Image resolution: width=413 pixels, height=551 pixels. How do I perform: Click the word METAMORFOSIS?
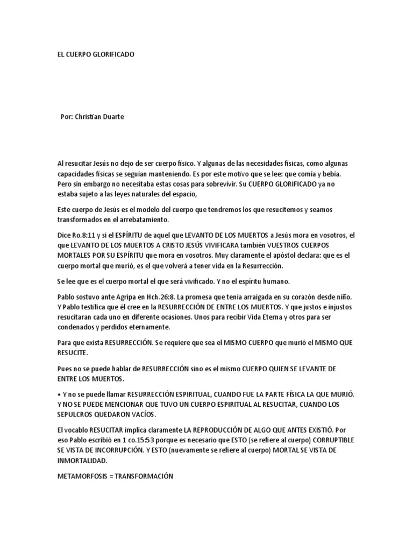coord(82,476)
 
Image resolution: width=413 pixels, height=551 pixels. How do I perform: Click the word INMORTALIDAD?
coord(82,461)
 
